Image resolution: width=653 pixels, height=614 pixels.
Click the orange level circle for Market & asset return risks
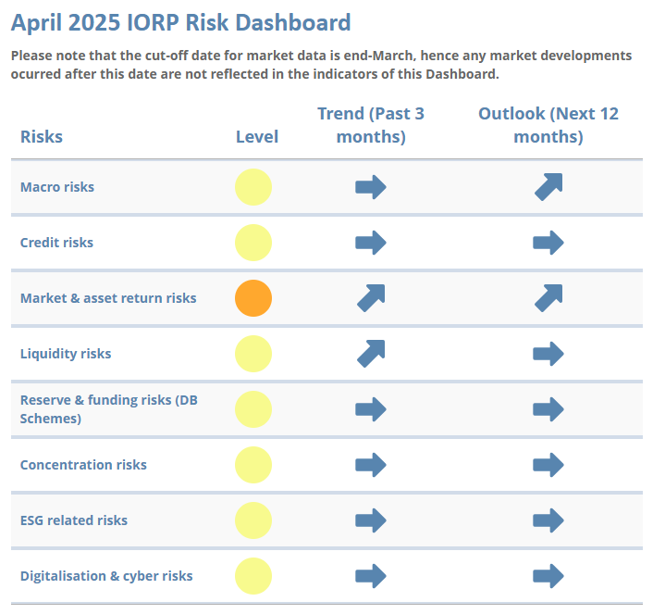tap(253, 298)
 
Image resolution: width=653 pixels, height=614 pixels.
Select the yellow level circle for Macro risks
tap(253, 187)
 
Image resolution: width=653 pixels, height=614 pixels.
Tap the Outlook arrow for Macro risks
tap(548, 187)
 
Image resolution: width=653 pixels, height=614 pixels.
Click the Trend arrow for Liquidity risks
tap(371, 353)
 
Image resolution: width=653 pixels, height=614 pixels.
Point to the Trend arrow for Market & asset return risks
tap(371, 297)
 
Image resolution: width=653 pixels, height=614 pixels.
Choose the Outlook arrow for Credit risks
tap(548, 243)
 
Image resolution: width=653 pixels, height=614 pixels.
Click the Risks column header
tap(42, 136)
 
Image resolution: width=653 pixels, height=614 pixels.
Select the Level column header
tap(257, 136)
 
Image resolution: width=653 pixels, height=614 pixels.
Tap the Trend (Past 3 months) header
tap(371, 125)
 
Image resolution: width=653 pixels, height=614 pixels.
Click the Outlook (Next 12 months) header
tap(548, 125)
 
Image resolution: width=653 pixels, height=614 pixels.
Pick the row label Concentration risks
tap(83, 465)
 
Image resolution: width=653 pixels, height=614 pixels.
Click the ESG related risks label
tap(74, 520)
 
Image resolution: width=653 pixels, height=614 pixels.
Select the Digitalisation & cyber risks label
tap(106, 576)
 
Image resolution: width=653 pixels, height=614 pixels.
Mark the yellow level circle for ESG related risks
tap(253, 520)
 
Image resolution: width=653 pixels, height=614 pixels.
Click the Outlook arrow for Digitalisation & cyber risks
tap(548, 576)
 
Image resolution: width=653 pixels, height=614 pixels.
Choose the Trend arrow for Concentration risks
tap(371, 465)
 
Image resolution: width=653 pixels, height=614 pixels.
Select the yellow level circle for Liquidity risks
tap(253, 354)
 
